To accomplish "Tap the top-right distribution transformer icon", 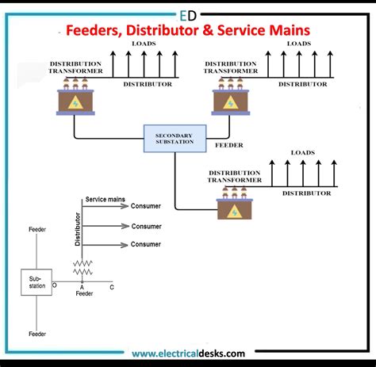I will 230,99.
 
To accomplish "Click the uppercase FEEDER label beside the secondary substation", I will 229,146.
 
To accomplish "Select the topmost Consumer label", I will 146,206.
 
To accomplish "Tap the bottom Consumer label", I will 146,245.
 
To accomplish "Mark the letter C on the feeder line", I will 111,287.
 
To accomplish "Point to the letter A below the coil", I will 82,287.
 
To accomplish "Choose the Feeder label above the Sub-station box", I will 36,229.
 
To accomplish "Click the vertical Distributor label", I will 78,227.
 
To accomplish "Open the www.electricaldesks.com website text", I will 188,354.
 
